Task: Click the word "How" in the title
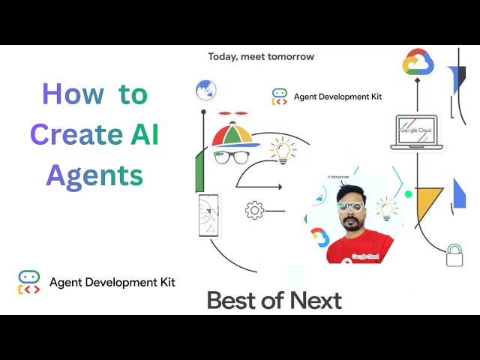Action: pos(73,95)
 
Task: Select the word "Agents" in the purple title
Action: pos(94,175)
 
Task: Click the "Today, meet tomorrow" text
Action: pos(261,57)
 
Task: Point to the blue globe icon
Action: pos(205,90)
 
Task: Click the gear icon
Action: pos(255,211)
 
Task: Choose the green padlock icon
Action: pos(454,255)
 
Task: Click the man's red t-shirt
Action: pos(359,247)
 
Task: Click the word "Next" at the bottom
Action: pos(315,301)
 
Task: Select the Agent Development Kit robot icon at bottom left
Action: pos(29,282)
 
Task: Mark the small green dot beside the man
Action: pos(409,193)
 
